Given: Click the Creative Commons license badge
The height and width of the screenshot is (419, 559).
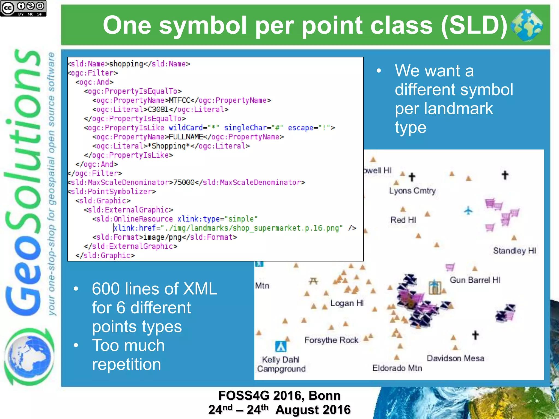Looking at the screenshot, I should click(x=23, y=8).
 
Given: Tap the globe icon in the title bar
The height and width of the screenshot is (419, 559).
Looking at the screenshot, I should click(x=526, y=25).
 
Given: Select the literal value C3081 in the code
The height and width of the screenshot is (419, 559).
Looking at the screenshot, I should click(x=158, y=110).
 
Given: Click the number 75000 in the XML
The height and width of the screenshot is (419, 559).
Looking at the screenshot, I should click(x=184, y=182).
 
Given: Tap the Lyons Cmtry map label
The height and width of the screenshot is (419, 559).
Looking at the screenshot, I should click(x=412, y=191).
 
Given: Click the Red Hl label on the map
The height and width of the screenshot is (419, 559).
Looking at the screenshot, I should click(x=403, y=220).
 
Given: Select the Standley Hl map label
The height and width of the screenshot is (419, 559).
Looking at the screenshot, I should click(x=515, y=251).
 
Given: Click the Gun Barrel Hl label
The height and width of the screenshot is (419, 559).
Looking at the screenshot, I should click(x=475, y=280).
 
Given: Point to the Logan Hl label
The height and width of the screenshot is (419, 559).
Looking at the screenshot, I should click(x=347, y=303).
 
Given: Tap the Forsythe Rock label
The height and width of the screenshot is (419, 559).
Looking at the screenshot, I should click(x=331, y=340).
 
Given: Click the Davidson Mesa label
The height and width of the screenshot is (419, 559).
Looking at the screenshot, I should click(x=455, y=358).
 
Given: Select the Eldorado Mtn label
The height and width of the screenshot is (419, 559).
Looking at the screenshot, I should click(x=397, y=368).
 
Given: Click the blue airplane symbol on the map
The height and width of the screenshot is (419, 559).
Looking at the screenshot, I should click(x=468, y=211).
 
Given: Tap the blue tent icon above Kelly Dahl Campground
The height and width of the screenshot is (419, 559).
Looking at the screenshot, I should click(x=281, y=346).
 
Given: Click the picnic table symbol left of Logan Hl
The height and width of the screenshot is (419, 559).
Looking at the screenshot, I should click(x=313, y=281).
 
